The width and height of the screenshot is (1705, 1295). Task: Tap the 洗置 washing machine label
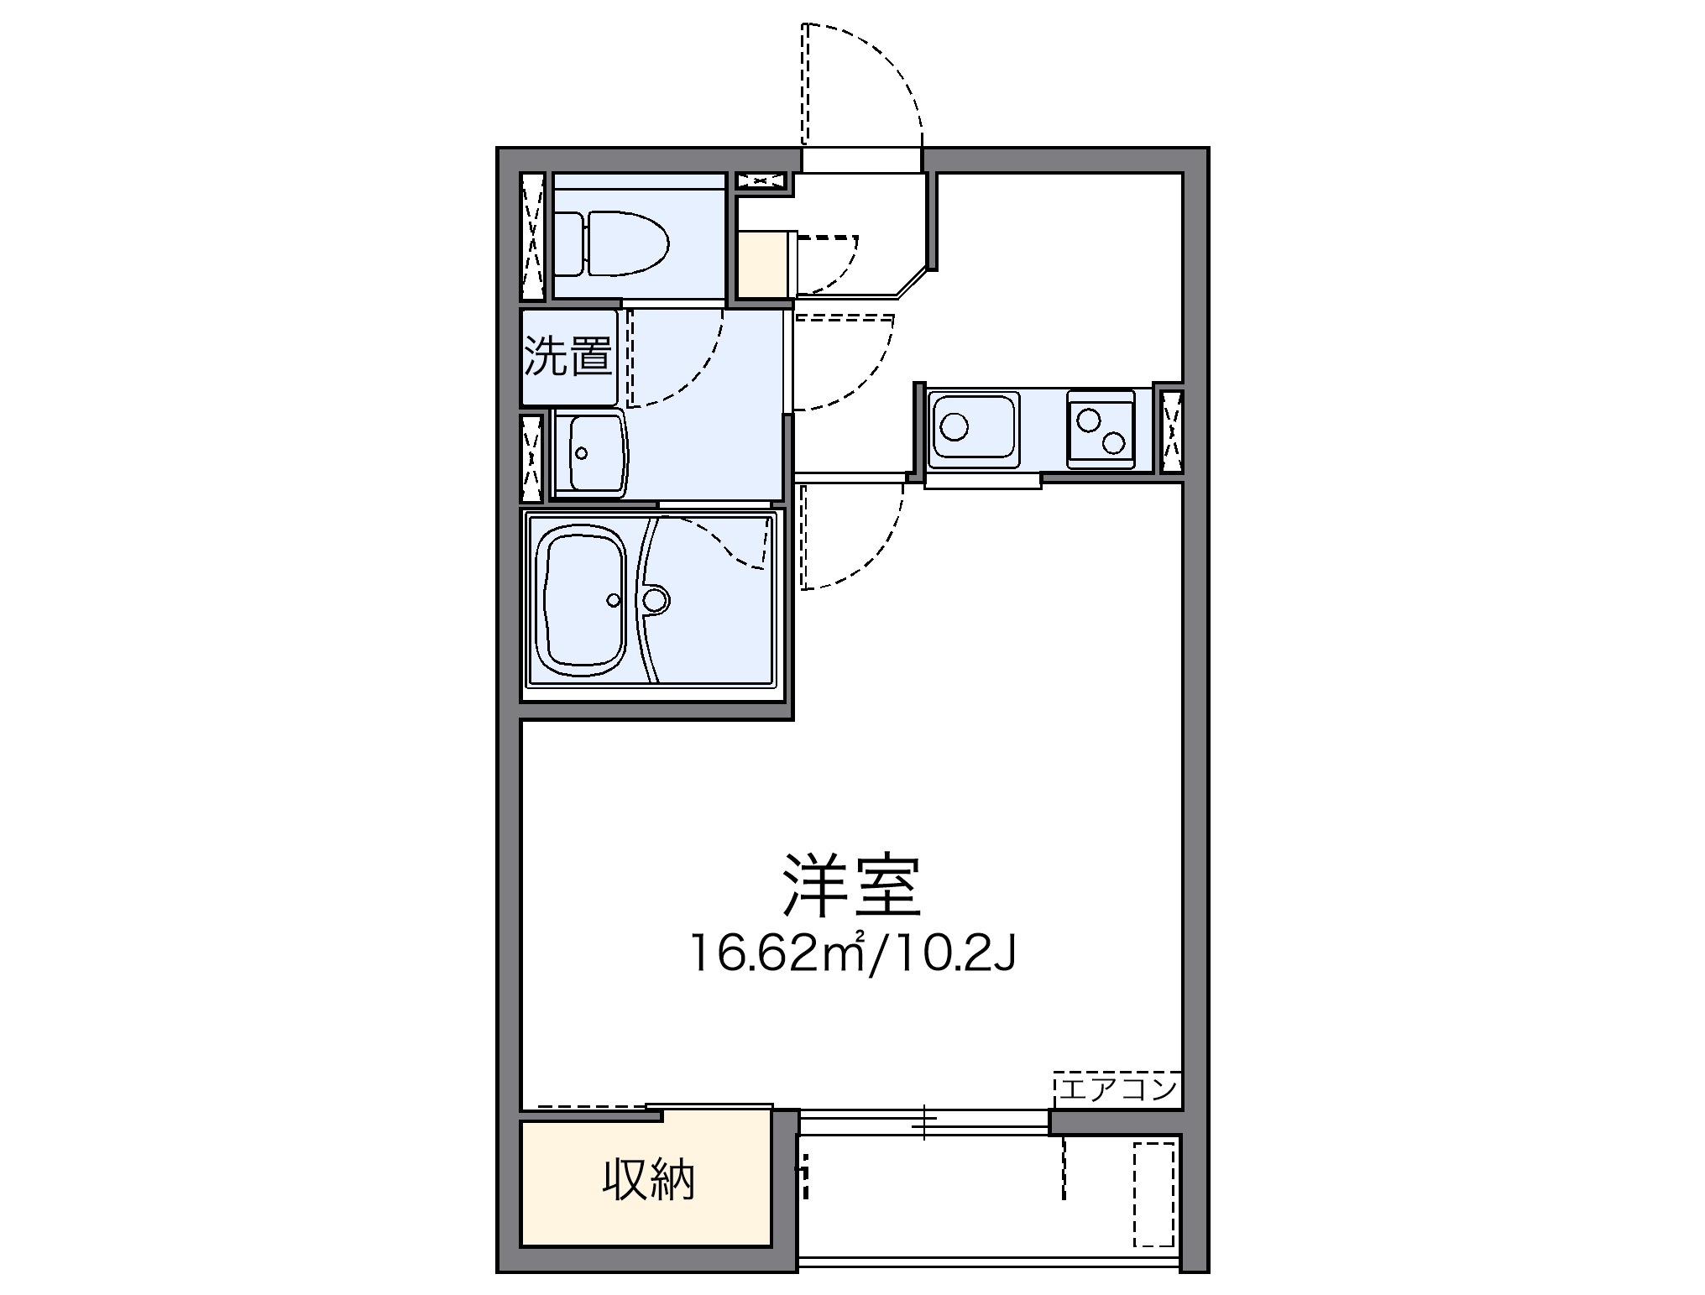point(567,356)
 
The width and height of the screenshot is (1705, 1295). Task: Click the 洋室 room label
point(851,886)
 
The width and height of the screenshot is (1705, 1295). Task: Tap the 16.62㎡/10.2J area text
point(851,954)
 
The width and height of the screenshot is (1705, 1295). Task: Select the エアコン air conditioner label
point(1117,1089)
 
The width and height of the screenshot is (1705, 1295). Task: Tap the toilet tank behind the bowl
point(568,243)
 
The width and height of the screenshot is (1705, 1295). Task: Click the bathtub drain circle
point(614,599)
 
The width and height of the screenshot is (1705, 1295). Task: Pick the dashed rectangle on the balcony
point(1153,1193)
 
